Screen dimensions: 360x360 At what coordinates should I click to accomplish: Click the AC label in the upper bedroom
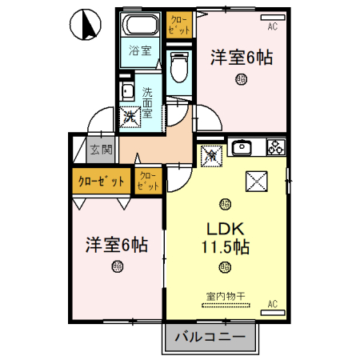272,26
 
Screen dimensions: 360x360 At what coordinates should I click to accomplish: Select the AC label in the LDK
272,303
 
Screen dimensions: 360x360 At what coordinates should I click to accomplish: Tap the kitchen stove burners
275,147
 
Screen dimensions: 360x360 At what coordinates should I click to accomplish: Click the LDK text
227,226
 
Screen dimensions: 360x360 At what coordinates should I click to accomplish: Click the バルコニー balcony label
211,338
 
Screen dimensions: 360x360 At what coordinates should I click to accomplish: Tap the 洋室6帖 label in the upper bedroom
241,58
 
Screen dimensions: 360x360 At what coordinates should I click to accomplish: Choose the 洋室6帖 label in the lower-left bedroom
117,245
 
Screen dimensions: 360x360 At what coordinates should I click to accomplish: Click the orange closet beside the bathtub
180,25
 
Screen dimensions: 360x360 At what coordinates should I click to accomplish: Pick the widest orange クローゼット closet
101,181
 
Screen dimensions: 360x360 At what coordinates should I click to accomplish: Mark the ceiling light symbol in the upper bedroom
241,78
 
